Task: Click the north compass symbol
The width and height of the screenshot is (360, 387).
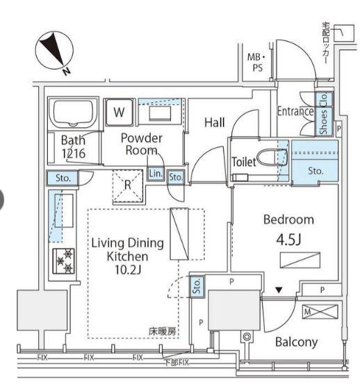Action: coord(54,51)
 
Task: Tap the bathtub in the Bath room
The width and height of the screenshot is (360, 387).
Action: coord(74,113)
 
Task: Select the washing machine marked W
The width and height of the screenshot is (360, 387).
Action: coord(120,112)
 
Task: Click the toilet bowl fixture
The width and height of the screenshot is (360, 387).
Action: coord(272,157)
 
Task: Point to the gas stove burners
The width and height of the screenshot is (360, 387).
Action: coord(64,261)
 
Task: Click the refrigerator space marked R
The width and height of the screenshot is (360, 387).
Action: coord(128,185)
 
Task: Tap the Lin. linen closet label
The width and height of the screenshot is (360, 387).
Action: coord(156,174)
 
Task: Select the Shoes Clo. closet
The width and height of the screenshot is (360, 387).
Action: coord(324,114)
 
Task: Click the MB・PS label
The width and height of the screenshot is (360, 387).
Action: coord(256,63)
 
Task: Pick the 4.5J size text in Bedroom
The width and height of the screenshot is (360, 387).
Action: coord(288,240)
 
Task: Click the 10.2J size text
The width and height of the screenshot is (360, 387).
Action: coord(128,270)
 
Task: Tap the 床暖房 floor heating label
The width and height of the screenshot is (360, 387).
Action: coord(162,331)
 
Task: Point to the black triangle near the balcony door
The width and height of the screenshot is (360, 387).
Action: coord(279,290)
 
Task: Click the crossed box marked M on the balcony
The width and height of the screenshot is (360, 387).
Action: coord(320,312)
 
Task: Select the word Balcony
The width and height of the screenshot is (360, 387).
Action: coord(296,343)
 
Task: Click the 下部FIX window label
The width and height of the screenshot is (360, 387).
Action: coord(177,362)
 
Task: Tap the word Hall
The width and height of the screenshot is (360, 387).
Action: coord(215,122)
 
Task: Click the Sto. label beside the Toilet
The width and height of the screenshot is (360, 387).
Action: coord(316,171)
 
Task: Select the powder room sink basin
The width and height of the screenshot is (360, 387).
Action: coord(160,113)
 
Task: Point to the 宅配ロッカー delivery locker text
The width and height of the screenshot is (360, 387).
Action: coord(325,43)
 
